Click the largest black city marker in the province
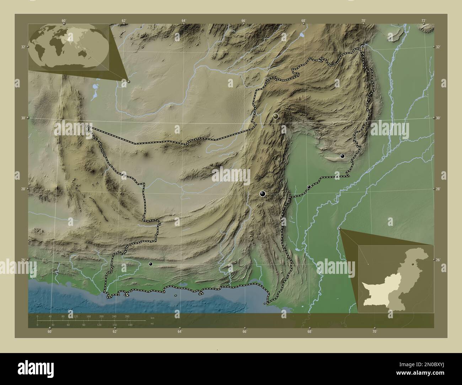pyautogui.click(x=263, y=194)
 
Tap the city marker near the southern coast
pyautogui.click(x=151, y=264)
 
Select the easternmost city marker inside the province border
pyautogui.click(x=342, y=156)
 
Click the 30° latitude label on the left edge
pyautogui.click(x=23, y=118)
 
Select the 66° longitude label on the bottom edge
pyautogui.click(x=245, y=332)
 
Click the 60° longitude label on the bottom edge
pyautogui.click(x=50, y=332)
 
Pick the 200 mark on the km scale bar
pyautogui.click(x=101, y=316)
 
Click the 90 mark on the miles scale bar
pyautogui.click(x=84, y=325)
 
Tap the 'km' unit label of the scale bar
pyautogui.click(x=152, y=318)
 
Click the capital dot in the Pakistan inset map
pyautogui.click(x=412, y=265)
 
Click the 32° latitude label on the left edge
pyautogui.click(x=23, y=47)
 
